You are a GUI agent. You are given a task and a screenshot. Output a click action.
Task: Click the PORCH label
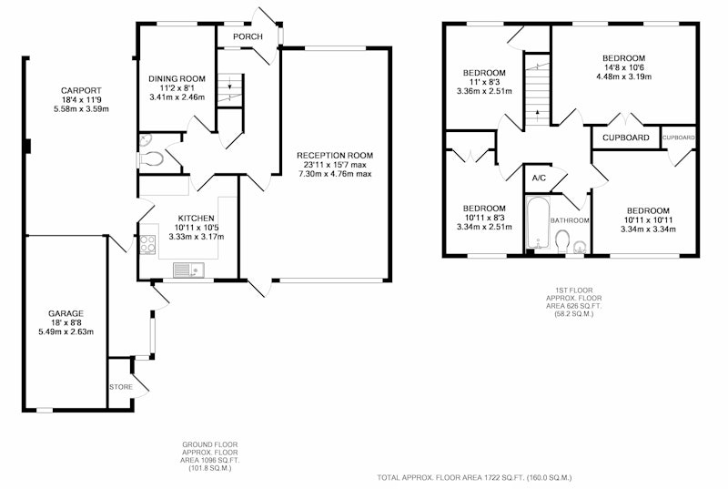point(248,36)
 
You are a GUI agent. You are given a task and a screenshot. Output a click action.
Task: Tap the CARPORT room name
point(81,90)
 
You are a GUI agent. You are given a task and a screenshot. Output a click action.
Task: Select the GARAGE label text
point(66,313)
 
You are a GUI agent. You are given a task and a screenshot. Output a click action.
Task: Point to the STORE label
point(121,387)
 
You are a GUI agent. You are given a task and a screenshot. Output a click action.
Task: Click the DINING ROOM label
point(177,79)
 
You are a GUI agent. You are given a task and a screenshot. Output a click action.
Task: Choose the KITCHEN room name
point(197,219)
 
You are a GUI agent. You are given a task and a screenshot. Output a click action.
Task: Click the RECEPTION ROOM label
point(335,156)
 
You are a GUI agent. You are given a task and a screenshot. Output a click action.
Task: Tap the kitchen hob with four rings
point(147,244)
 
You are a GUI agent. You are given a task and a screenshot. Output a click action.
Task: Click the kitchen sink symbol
point(188,270)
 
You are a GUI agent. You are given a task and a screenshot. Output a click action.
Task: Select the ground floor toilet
point(151,159)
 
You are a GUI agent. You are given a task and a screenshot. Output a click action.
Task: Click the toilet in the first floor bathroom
point(562,240)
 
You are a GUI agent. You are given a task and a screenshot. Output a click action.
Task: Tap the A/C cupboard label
point(539,178)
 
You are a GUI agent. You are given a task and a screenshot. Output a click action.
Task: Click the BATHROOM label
point(570,220)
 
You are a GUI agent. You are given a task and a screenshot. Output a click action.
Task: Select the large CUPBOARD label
point(626,138)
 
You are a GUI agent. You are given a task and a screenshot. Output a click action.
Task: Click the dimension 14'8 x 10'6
point(623,67)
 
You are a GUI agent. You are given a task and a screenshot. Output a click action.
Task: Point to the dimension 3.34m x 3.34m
point(648,229)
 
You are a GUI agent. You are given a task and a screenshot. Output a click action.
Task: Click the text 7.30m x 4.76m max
point(335,174)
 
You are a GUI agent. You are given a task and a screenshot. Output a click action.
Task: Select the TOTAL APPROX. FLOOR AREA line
point(474,477)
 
